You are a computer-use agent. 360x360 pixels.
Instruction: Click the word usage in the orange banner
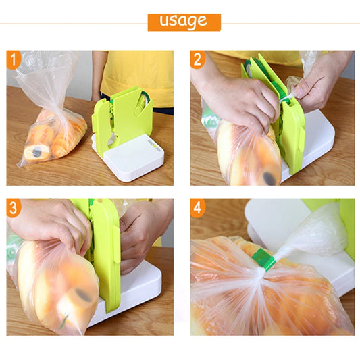click(184, 21)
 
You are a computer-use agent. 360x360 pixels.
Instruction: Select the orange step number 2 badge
click(197, 60)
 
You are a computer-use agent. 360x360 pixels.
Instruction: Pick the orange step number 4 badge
click(198, 208)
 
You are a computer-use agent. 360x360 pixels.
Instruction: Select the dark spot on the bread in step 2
click(269, 178)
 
